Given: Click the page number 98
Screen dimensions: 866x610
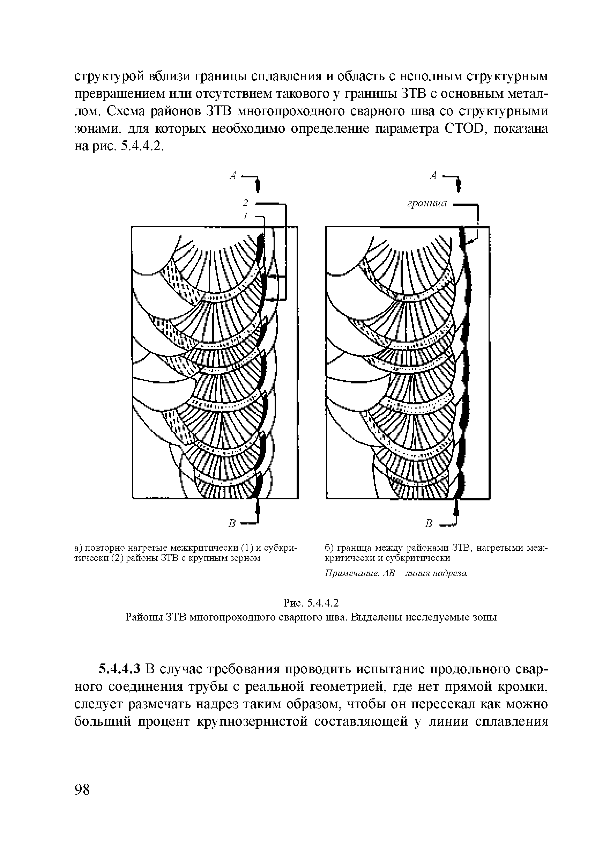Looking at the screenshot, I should pos(83,790).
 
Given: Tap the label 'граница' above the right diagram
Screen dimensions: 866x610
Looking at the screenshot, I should pos(427,203).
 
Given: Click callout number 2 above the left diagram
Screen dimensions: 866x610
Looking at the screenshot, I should pos(245,203).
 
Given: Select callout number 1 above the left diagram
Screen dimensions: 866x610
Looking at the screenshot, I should pos(245,216).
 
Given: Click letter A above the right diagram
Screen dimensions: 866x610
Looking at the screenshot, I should pos(433,176).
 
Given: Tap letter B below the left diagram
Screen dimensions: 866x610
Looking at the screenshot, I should pos(233,523).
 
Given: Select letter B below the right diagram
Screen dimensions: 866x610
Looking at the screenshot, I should pos(428,523).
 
